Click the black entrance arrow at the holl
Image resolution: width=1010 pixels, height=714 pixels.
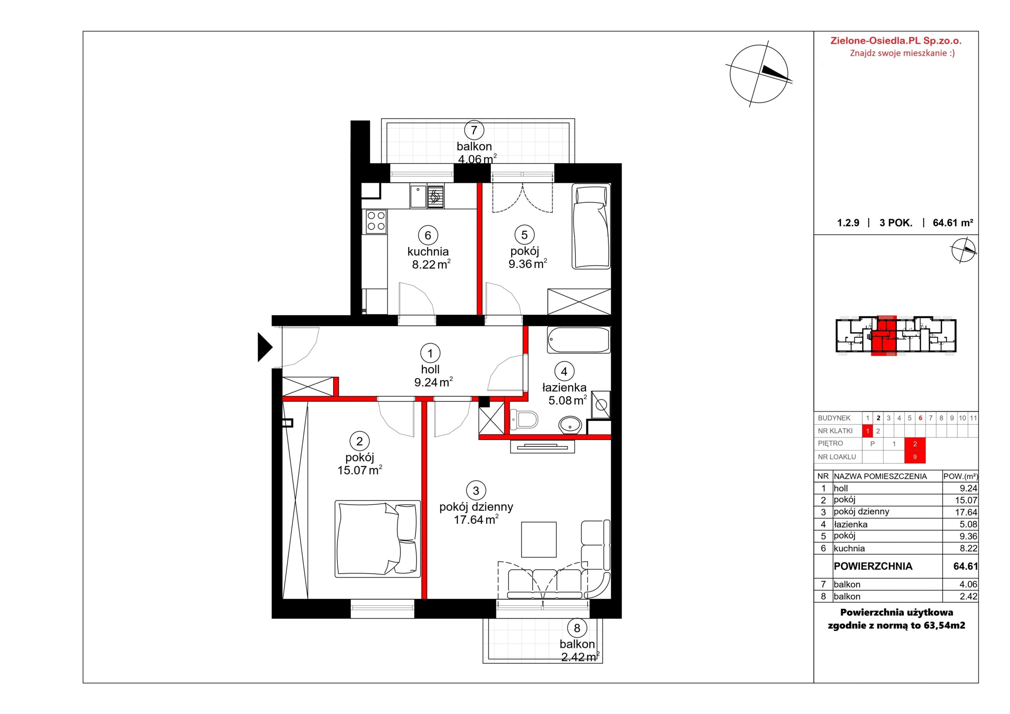pyautogui.click(x=264, y=347)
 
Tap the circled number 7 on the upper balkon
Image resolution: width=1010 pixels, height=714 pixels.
pyautogui.click(x=474, y=130)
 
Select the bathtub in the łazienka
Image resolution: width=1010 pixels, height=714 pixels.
pyautogui.click(x=578, y=340)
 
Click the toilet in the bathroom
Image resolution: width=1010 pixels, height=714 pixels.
pyautogui.click(x=524, y=420)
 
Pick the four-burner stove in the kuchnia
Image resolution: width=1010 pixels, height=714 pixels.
pyautogui.click(x=376, y=221)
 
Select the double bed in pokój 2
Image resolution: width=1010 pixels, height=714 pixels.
pyautogui.click(x=378, y=538)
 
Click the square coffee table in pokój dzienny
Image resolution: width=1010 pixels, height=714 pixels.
pyautogui.click(x=539, y=539)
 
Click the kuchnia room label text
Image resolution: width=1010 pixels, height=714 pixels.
pyautogui.click(x=428, y=252)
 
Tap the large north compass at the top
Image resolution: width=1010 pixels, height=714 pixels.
pyautogui.click(x=758, y=74)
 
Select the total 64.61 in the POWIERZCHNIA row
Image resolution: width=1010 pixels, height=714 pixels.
pyautogui.click(x=965, y=566)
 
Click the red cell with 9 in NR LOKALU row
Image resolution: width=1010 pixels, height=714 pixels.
pyautogui.click(x=915, y=457)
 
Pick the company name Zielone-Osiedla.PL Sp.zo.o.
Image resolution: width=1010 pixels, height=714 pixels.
pyautogui.click(x=896, y=41)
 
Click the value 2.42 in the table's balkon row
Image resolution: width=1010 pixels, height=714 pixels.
pyautogui.click(x=969, y=596)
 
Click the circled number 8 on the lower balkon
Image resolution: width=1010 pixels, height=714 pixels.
pyautogui.click(x=577, y=628)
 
